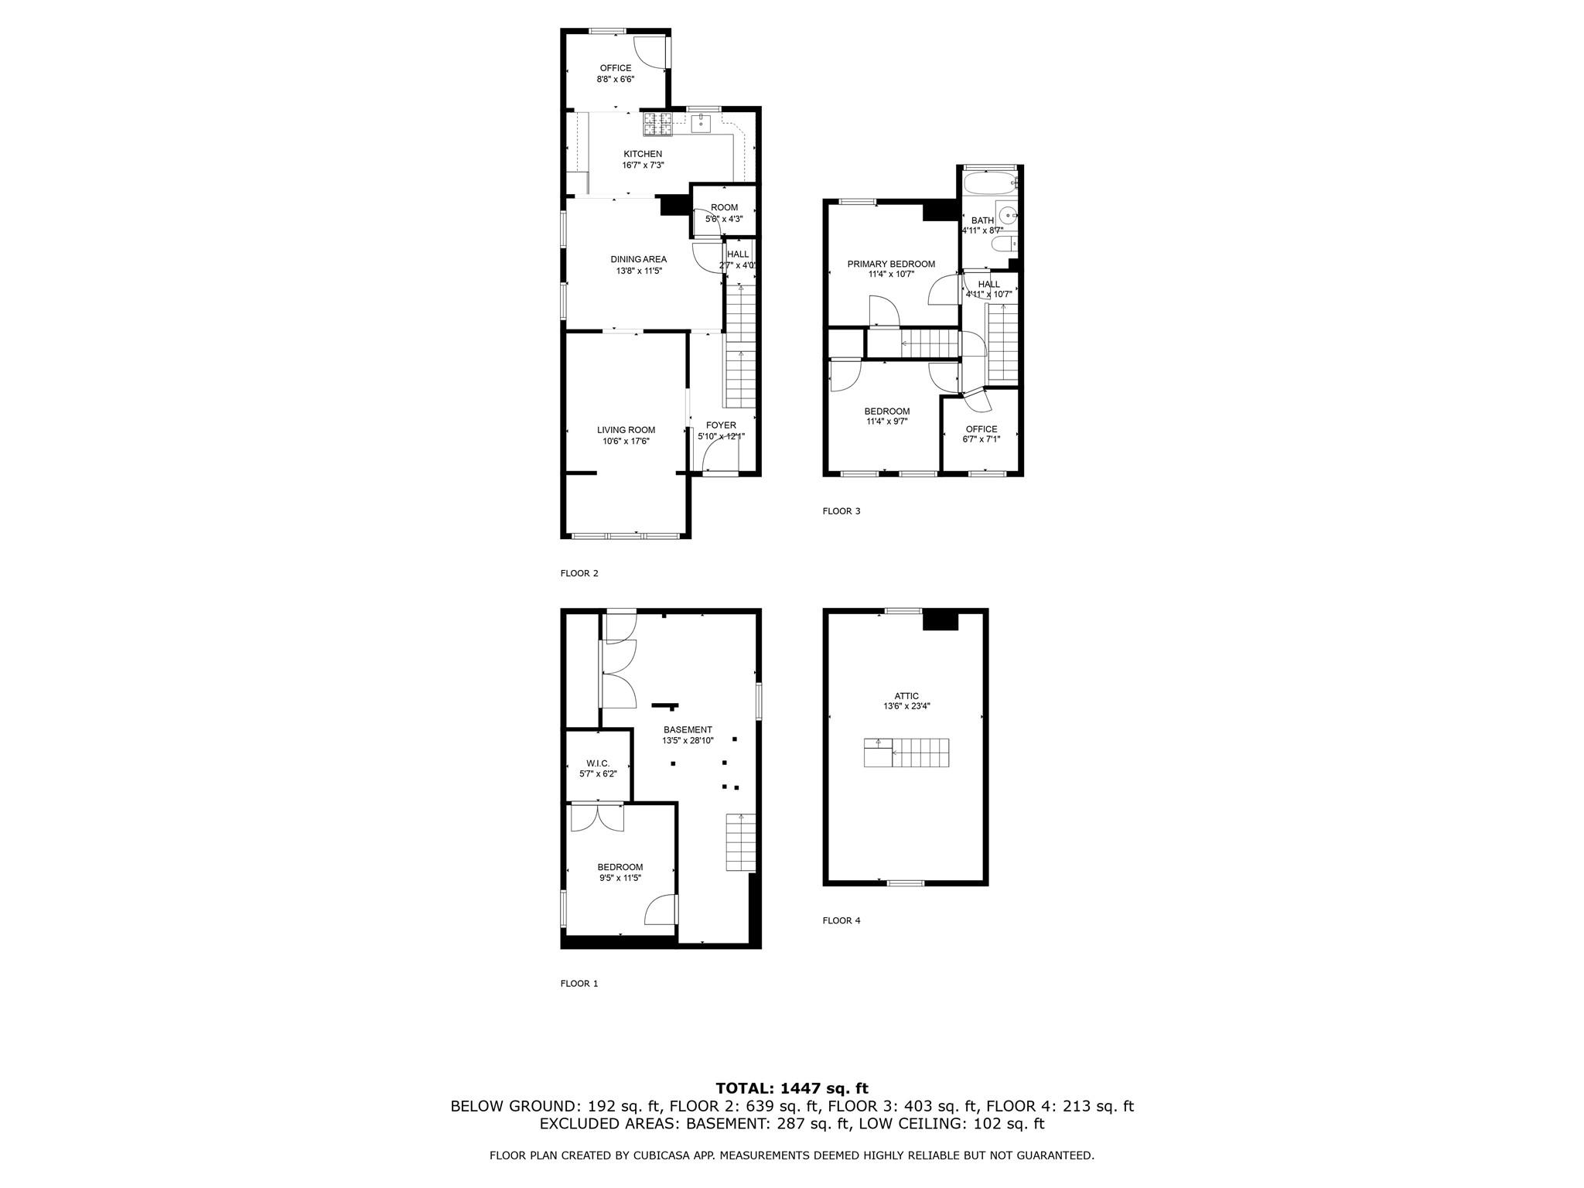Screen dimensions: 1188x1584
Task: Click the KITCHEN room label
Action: (x=643, y=154)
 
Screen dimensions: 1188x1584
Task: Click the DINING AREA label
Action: (x=638, y=259)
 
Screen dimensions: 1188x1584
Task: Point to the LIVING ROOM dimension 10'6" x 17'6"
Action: (x=626, y=442)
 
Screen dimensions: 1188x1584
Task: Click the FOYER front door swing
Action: (x=720, y=456)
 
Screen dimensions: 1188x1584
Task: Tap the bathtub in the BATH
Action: (x=989, y=184)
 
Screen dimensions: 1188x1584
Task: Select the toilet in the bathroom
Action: (x=1005, y=245)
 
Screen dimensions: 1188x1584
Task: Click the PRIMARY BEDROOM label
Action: (x=891, y=264)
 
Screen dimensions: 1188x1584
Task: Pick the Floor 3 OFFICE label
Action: (x=981, y=428)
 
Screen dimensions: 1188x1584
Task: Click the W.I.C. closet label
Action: (x=598, y=763)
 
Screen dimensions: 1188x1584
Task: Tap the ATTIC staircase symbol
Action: (x=906, y=753)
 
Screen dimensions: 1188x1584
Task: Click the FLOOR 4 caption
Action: (x=841, y=920)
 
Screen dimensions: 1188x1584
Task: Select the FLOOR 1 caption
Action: (x=579, y=984)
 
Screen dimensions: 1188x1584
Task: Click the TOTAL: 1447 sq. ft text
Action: (x=792, y=1088)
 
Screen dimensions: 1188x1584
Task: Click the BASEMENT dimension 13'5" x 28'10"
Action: (x=688, y=740)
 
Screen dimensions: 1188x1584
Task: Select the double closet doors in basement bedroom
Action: (x=597, y=818)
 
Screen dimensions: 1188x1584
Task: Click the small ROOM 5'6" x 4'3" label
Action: (x=724, y=207)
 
